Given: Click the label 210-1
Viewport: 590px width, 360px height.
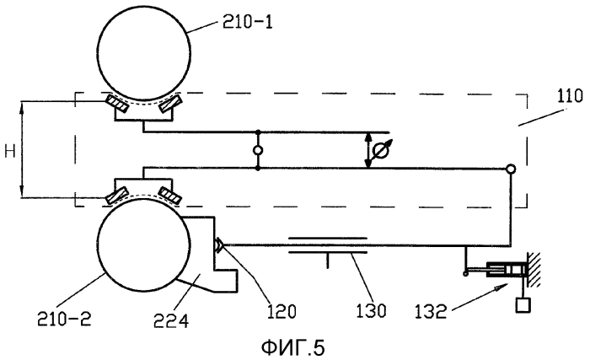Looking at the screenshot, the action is pos(247,23).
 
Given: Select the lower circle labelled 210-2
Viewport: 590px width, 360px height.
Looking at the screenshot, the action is pos(143,244).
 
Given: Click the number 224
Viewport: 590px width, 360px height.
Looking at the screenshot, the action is pos(171,320).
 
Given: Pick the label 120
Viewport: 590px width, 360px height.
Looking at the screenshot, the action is pos(282,311).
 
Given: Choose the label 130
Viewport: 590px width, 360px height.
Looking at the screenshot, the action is pos(371,311).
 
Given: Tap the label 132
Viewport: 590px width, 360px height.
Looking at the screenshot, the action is pos(430,312).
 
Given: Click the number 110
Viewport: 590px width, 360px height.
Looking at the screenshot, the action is pos(570,97).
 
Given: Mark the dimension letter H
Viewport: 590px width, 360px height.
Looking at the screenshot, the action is pos(10,152).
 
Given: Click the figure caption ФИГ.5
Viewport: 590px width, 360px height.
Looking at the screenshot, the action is pos(292,347).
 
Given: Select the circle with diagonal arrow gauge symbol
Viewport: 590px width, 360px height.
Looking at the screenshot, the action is pos(380,151).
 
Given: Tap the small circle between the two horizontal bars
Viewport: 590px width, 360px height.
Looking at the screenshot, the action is pos(258,150).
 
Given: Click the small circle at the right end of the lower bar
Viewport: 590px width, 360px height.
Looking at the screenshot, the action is pos(510,169).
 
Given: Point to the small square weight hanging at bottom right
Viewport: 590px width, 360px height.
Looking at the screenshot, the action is pos(523,304).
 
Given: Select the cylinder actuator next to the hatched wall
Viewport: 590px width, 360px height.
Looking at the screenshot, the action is pos(506,270).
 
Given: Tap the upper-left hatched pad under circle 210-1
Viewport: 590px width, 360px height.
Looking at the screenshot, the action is pos(117,104).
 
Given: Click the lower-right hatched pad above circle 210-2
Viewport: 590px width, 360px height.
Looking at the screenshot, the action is pos(170,196).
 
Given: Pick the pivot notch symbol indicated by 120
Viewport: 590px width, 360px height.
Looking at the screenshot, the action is pos(219,245).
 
